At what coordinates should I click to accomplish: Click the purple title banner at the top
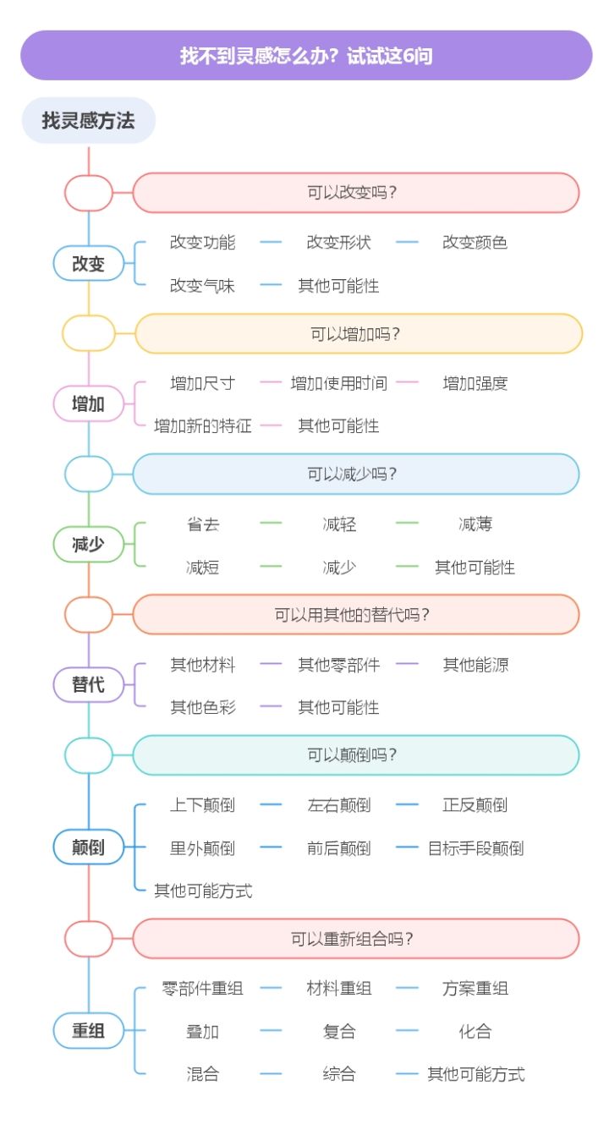tap(306, 56)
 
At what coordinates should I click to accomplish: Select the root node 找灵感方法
tap(89, 120)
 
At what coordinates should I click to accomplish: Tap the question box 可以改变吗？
tap(356, 193)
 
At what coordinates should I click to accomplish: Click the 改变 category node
tap(89, 263)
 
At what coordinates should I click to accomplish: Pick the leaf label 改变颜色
tap(475, 243)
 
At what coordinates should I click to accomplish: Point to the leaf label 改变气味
tap(202, 286)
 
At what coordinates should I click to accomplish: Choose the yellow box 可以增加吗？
tap(359, 334)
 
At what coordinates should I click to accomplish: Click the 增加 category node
tap(89, 403)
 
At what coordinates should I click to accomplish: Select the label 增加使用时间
tap(338, 383)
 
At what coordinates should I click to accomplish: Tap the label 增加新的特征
tap(202, 425)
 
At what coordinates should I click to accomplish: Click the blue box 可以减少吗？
tap(356, 474)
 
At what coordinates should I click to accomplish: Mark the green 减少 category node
tap(89, 544)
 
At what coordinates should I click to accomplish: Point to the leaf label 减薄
tap(475, 524)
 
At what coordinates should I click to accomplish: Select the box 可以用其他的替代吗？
tap(356, 614)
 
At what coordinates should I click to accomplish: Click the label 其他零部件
tap(338, 665)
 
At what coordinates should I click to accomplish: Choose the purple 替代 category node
tap(89, 684)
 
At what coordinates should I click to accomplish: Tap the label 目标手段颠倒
tap(475, 847)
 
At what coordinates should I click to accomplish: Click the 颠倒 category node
tap(89, 847)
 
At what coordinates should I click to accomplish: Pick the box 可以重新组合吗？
tap(356, 939)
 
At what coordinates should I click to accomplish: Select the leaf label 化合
tap(475, 1031)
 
